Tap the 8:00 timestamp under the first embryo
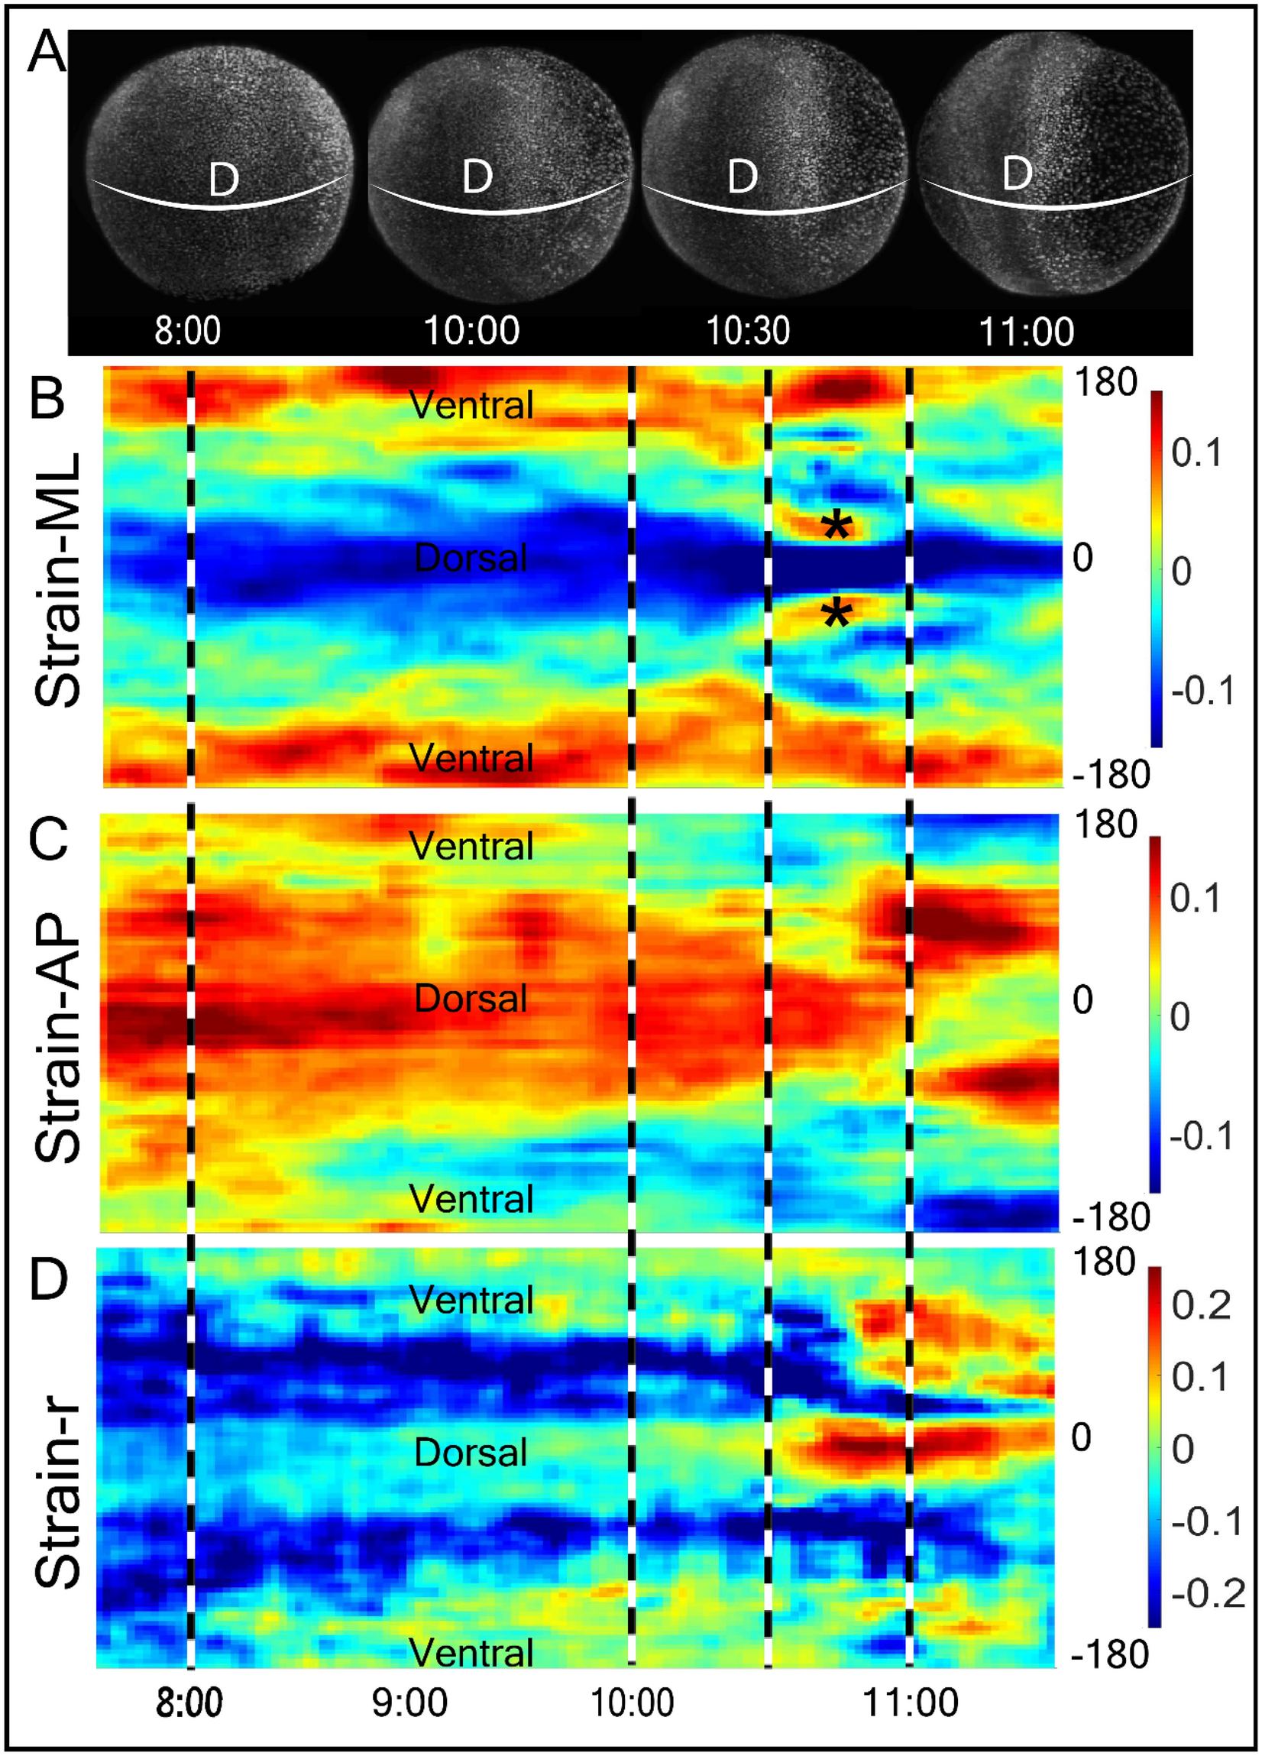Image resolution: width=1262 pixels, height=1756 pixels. tap(187, 331)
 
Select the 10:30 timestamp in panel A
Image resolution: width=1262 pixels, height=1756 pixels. tap(748, 331)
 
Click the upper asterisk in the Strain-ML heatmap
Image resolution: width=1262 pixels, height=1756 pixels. tap(837, 527)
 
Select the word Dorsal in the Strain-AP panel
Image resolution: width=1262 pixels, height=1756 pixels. tap(471, 999)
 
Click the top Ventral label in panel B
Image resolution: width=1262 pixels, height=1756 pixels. tap(471, 405)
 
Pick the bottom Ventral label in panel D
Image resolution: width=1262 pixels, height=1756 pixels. tap(471, 1652)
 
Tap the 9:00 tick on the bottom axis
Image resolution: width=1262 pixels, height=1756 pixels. tap(409, 1703)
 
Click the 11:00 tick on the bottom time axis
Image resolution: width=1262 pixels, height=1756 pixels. tap(911, 1703)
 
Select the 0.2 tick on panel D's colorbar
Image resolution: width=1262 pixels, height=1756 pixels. tap(1201, 1305)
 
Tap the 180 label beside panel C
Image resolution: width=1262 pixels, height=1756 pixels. tap(1105, 825)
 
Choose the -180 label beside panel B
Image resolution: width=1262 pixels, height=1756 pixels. tap(1111, 774)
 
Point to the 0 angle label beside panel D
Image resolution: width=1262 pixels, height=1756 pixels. tap(1082, 1438)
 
